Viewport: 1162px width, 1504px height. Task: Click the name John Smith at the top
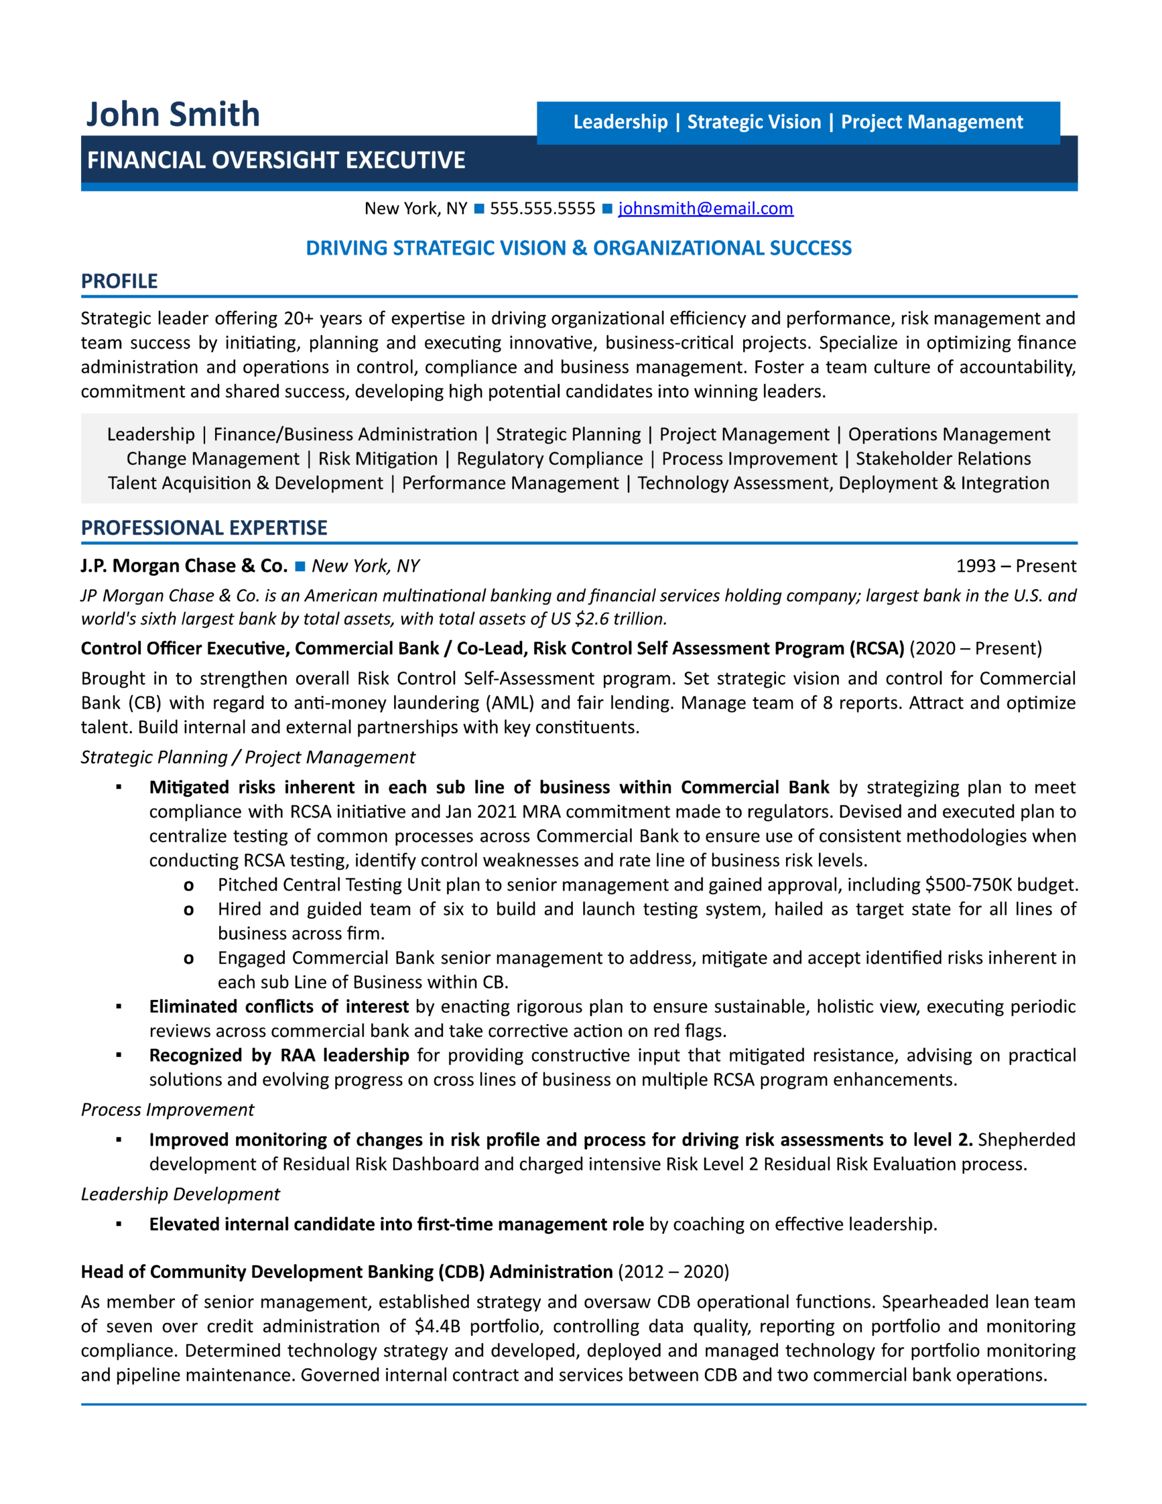(172, 115)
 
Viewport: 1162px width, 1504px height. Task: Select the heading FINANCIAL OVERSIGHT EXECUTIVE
(276, 160)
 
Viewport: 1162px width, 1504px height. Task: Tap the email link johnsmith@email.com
(706, 209)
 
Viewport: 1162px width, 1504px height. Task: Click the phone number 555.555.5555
(542, 209)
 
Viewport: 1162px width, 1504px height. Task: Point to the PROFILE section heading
(119, 281)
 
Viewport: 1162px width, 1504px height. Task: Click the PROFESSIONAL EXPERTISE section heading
(204, 528)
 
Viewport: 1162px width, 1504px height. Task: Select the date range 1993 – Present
(1015, 566)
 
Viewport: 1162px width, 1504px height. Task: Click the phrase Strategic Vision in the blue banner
(754, 122)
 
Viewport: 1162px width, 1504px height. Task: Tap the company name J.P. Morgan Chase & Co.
(184, 566)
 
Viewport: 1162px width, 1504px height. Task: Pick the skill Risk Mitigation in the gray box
(378, 459)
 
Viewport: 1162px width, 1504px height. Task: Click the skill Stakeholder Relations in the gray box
(943, 459)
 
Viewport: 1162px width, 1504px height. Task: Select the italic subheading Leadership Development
(180, 1194)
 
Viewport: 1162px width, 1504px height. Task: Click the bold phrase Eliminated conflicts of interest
(279, 1007)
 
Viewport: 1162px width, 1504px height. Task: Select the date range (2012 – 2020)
(673, 1272)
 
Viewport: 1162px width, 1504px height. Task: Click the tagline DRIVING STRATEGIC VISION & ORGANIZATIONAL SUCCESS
(579, 248)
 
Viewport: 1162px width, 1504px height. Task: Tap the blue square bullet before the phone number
(479, 209)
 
